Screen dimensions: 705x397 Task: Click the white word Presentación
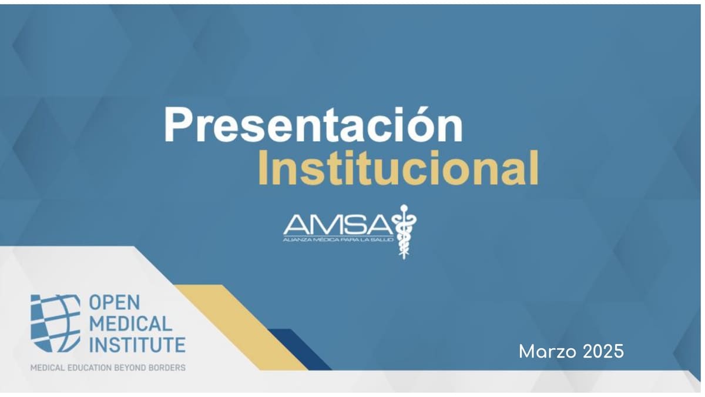314,124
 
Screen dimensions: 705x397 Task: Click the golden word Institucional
398,167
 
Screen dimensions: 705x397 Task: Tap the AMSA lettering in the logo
338,224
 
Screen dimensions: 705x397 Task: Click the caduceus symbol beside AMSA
404,232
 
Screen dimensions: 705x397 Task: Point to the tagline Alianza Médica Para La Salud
338,240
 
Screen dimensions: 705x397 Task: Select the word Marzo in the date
548,351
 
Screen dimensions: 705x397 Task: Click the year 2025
603,351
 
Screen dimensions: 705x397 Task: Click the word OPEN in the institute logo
114,302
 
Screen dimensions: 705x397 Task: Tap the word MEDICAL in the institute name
130,323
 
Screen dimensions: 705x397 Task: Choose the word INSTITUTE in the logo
137,345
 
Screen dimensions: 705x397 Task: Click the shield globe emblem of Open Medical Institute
55,323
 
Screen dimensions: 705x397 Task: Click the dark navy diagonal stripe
300,349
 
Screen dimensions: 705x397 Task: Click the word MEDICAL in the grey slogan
48,368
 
